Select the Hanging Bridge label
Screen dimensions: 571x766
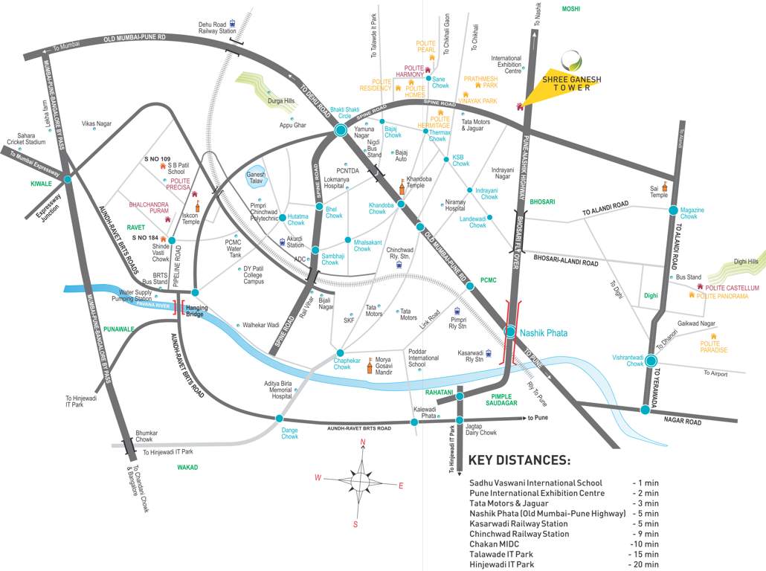pos(195,311)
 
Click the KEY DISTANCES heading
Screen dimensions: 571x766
pos(519,460)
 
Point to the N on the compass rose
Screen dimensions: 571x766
pos(363,443)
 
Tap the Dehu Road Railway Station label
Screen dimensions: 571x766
pos(216,28)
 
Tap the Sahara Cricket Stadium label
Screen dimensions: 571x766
pos(27,141)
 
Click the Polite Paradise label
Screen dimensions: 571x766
pos(714,346)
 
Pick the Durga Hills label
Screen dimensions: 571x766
pos(281,101)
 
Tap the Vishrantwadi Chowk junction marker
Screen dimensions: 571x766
pos(651,362)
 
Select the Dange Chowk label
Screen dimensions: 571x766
pos(289,433)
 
